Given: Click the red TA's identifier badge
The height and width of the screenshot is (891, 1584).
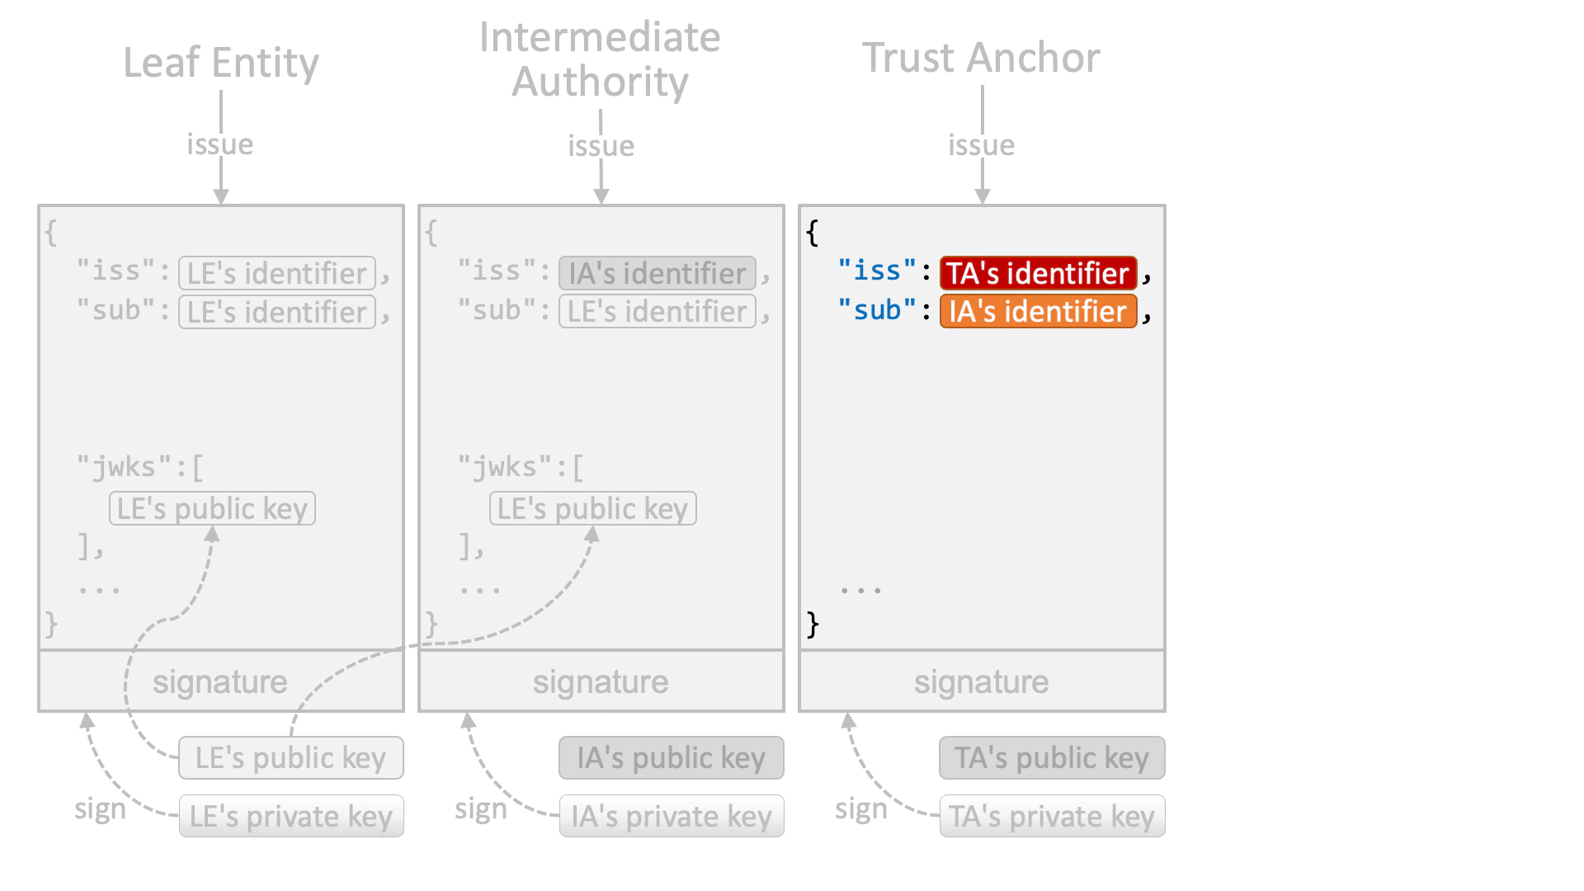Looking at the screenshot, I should click(1038, 273).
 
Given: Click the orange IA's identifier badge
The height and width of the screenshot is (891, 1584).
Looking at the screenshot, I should click(1038, 312).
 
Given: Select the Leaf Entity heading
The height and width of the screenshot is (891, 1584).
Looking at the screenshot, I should click(221, 63).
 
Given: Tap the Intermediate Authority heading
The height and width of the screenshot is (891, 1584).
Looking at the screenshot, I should click(600, 59).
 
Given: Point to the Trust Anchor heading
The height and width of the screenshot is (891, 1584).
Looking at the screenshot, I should click(981, 58).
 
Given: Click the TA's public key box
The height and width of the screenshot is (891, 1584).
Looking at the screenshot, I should click(1052, 758).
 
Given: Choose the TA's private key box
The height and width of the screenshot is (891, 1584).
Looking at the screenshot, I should click(1052, 817).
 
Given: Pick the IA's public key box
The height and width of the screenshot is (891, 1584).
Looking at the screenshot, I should click(671, 758).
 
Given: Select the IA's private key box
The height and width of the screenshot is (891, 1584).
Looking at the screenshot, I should click(671, 817).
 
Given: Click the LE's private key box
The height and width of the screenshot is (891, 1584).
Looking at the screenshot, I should click(291, 817).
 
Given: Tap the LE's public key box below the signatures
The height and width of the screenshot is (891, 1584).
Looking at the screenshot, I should click(291, 758).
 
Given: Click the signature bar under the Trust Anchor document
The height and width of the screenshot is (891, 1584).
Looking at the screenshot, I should click(981, 681).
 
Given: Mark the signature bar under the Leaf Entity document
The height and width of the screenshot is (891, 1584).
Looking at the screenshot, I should click(220, 681).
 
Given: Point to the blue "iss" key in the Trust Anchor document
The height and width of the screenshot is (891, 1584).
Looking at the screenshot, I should click(877, 271).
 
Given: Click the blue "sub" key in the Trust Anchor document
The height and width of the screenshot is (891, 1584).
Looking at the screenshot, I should click(877, 310).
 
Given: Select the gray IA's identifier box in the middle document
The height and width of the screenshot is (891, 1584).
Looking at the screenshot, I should click(658, 273).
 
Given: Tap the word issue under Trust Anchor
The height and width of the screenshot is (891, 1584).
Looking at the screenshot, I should click(981, 145).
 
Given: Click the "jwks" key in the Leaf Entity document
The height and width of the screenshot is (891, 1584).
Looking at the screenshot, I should click(124, 467).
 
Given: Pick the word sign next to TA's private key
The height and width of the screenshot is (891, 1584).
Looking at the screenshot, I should click(860, 809).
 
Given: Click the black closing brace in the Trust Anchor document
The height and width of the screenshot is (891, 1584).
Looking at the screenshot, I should click(813, 624).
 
